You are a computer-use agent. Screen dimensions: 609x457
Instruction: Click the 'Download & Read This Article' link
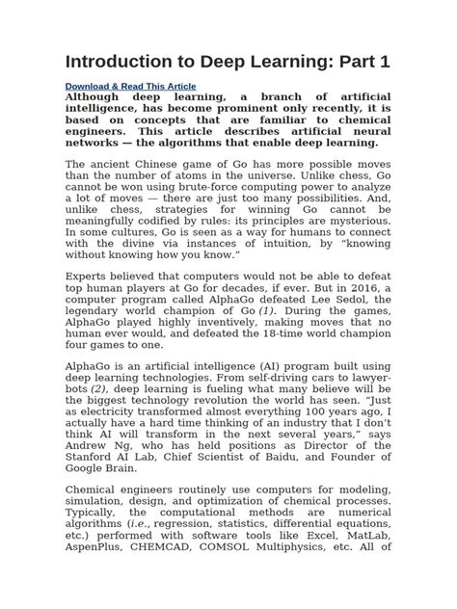pyautogui.click(x=129, y=86)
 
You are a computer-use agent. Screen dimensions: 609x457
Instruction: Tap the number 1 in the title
pyautogui.click(x=384, y=61)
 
